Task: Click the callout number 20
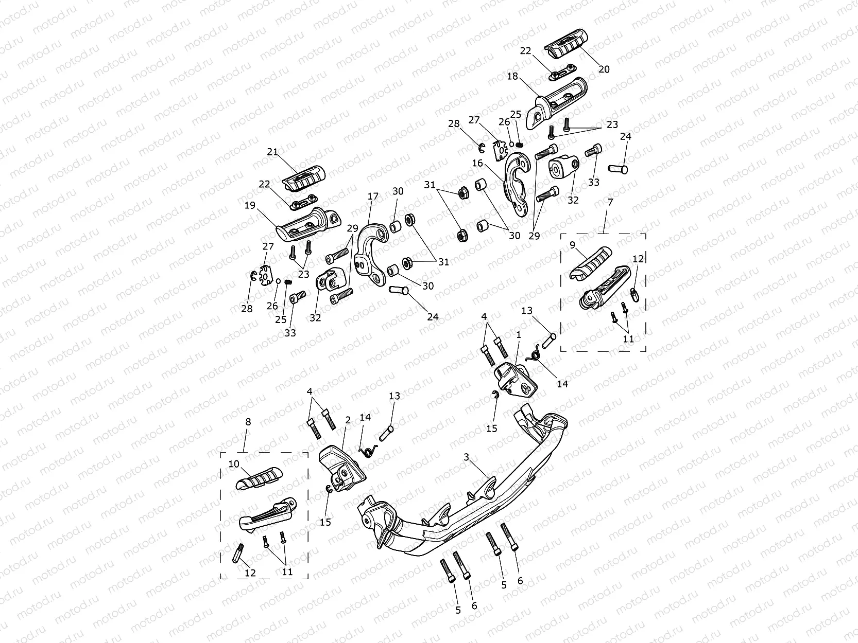tap(604, 69)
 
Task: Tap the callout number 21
tap(272, 152)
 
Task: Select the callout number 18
tap(512, 77)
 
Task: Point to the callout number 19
tap(250, 205)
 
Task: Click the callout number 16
tap(477, 163)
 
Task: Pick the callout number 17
tap(373, 197)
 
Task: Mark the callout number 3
tap(466, 457)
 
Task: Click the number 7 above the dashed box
tap(610, 202)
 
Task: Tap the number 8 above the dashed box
tap(248, 422)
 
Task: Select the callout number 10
tap(234, 464)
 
